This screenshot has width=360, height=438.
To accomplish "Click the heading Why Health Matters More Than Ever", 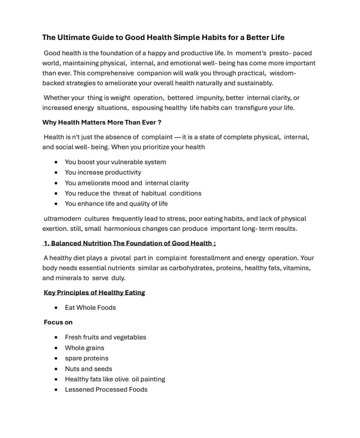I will coord(102,122).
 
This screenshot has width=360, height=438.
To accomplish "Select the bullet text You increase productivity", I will coord(103,172).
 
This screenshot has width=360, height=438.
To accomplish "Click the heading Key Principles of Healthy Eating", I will coord(94,292).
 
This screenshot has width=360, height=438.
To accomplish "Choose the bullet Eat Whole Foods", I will coord(90,307).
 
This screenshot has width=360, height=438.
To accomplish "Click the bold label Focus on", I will coord(58,322).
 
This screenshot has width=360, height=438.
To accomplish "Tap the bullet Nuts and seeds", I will coord(88,368).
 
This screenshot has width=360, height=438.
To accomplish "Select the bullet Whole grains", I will coord(84,348).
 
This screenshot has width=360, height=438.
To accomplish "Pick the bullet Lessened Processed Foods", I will coord(106,389).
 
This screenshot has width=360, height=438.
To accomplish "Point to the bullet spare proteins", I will coord(86,358).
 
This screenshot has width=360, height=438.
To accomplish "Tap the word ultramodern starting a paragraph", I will coord(63,219).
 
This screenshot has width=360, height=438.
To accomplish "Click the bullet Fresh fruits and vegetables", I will coord(105,337).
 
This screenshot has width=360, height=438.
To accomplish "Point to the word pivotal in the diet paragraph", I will coord(121,257).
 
